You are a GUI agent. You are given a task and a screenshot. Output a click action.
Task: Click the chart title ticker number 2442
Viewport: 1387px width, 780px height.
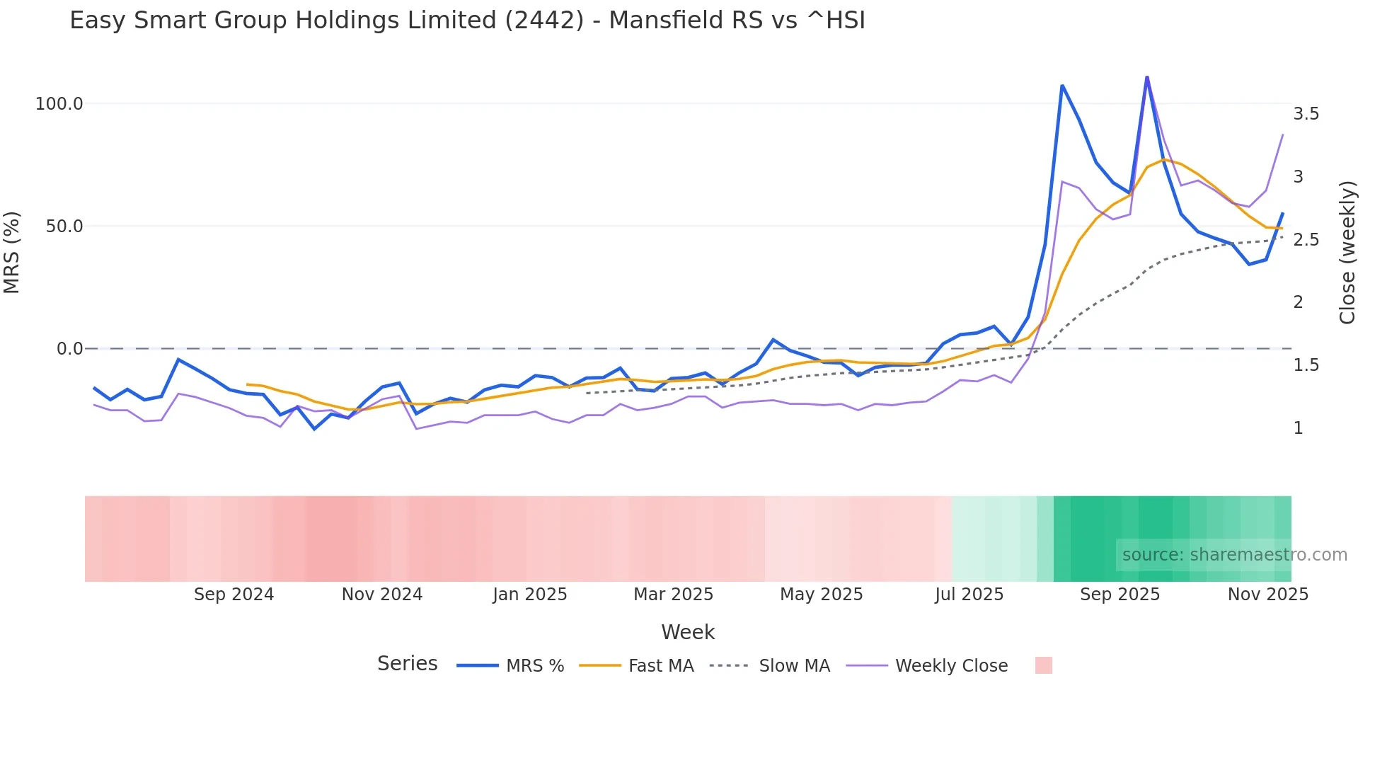(x=544, y=21)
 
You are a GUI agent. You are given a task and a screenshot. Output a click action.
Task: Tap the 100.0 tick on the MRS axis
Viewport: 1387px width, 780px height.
(x=59, y=104)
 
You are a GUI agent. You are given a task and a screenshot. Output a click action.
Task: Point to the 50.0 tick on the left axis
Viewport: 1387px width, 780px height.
(x=64, y=226)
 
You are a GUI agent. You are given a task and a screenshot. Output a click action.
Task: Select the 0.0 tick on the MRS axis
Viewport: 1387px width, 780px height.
(x=70, y=349)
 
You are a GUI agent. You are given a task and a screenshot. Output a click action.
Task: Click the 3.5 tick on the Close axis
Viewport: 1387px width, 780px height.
(x=1306, y=114)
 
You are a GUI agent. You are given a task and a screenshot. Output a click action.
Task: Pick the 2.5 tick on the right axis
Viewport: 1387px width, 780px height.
(x=1306, y=240)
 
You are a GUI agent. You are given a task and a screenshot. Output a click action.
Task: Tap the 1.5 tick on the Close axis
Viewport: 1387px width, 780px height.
(x=1306, y=365)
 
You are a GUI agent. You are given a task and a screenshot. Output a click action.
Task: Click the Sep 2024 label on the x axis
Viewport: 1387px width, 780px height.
(x=234, y=595)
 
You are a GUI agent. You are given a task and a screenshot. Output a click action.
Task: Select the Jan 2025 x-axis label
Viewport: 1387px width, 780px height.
(x=530, y=595)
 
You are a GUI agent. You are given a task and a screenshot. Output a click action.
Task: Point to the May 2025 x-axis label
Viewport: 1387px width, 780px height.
(x=821, y=595)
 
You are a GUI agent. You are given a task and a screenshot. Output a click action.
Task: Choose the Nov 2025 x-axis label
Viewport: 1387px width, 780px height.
(x=1267, y=595)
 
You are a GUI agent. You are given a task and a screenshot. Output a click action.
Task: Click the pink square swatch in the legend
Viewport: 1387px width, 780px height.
(x=1043, y=665)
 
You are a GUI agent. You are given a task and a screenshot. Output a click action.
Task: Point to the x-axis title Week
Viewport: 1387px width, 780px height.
(x=688, y=632)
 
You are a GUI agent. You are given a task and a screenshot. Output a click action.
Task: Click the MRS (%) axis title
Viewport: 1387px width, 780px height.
(x=12, y=252)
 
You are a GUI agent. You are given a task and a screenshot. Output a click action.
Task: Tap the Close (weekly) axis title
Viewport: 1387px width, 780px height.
(x=1347, y=252)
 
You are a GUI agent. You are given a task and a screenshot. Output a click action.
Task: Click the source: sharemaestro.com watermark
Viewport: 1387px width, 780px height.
(x=1234, y=555)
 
